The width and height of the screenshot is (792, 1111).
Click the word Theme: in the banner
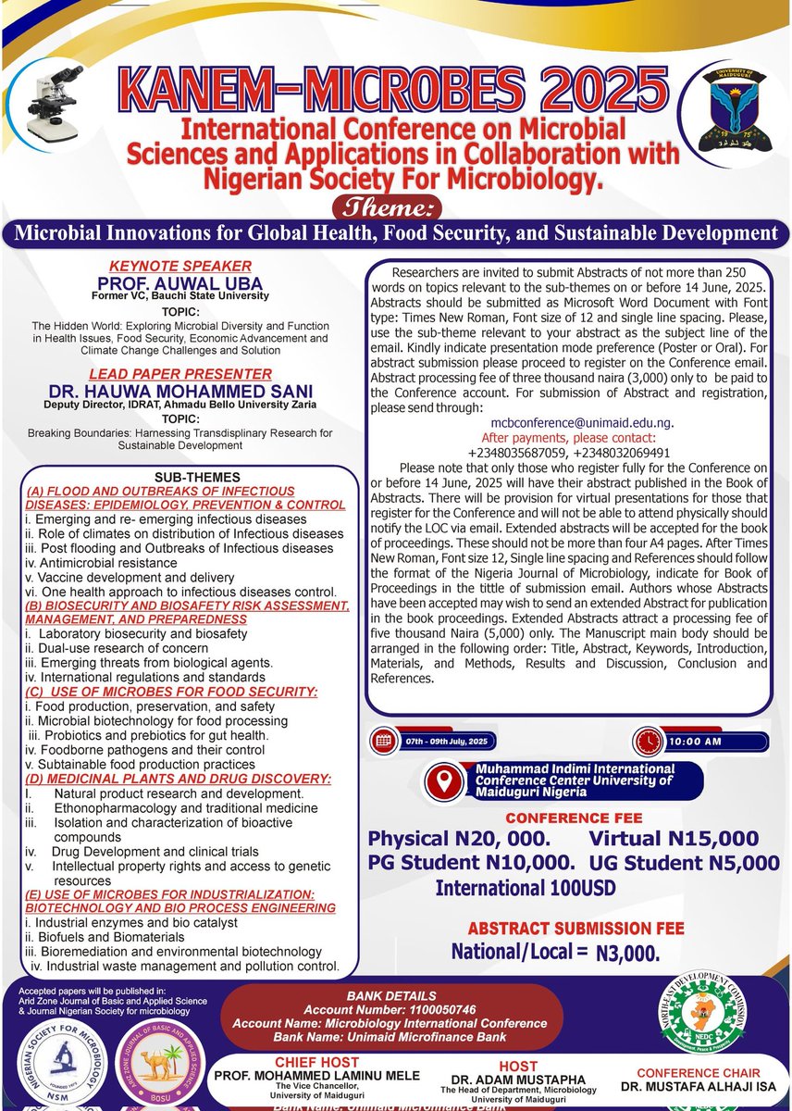click(x=395, y=206)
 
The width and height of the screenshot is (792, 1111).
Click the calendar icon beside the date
click(x=381, y=742)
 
